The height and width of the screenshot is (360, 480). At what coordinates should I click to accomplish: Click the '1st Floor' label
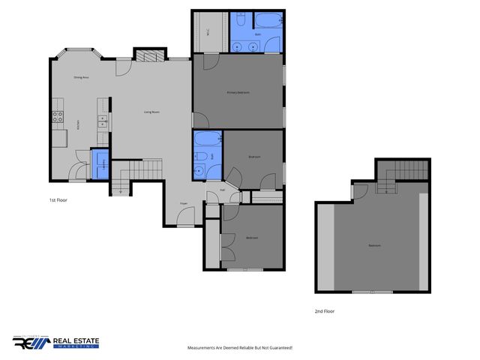click(58, 201)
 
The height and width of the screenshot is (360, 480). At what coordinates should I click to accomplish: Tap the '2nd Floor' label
click(325, 310)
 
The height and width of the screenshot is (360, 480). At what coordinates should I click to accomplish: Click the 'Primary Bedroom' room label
click(238, 92)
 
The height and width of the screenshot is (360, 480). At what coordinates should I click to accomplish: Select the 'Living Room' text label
click(151, 112)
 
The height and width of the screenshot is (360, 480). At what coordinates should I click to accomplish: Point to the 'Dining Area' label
click(82, 77)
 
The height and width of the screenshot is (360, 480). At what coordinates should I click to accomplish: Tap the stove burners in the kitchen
click(56, 116)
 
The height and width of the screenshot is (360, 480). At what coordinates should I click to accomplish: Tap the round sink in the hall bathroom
click(199, 169)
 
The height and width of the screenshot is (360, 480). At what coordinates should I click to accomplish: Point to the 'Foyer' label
click(183, 203)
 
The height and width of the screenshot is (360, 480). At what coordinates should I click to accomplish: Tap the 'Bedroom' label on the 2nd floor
click(373, 246)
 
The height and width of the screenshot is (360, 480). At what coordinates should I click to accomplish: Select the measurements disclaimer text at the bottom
click(239, 348)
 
